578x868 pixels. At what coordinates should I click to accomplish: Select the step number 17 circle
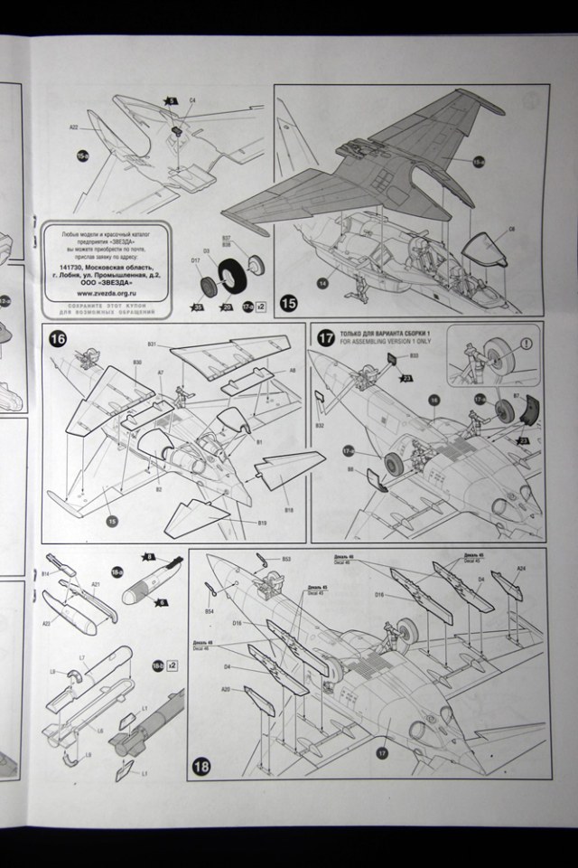(326, 338)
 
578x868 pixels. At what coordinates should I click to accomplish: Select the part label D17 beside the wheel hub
(195, 262)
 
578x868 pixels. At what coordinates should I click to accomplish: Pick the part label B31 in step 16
(151, 344)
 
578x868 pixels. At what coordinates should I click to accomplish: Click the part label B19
(262, 524)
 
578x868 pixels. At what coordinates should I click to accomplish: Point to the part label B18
(290, 510)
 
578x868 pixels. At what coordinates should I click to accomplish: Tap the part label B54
(210, 612)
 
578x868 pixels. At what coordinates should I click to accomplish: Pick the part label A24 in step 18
(520, 569)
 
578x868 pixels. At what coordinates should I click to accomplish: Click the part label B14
(45, 574)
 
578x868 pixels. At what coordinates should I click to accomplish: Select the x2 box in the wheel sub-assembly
(262, 307)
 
